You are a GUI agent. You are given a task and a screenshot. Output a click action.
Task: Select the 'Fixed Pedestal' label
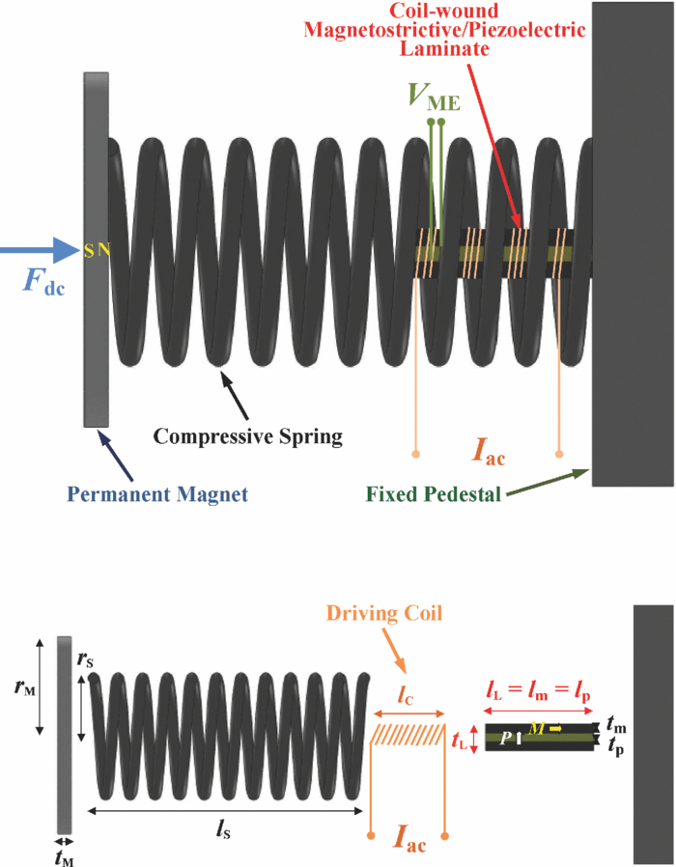point(433,494)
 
